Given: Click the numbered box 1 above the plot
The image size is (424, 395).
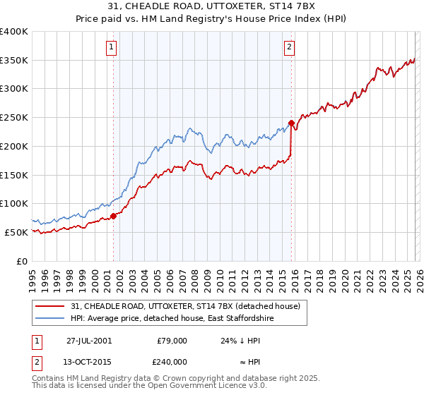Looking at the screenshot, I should tap(112, 47).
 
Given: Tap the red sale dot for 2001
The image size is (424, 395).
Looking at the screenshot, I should tap(113, 216).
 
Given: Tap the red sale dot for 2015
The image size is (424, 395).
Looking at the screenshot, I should tap(291, 123).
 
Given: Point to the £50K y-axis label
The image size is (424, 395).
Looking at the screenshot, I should tap(16, 232).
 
